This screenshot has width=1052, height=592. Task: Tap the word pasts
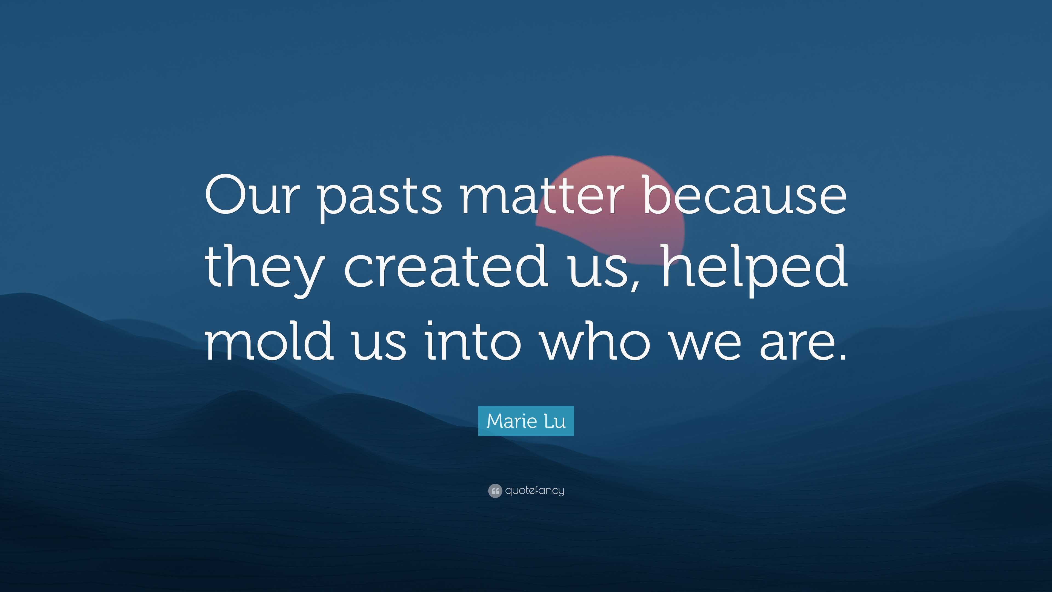tap(380, 199)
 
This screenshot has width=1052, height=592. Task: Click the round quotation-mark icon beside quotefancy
tap(495, 491)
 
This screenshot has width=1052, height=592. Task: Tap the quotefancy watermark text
tap(534, 491)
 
